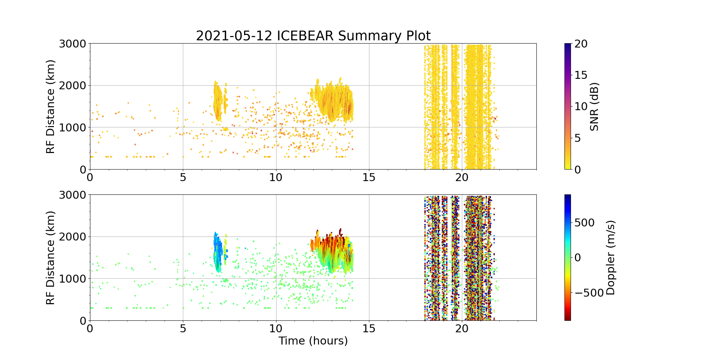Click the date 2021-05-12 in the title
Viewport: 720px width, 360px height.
click(x=234, y=36)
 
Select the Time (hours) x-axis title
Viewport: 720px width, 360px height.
click(x=313, y=341)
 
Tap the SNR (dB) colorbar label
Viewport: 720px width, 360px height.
click(x=594, y=107)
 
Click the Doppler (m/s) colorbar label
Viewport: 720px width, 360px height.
click(x=611, y=258)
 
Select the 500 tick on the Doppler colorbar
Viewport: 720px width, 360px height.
click(x=584, y=223)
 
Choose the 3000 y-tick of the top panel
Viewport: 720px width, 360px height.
click(x=72, y=44)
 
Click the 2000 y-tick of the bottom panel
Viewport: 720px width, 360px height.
click(x=72, y=237)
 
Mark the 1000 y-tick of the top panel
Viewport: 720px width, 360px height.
click(x=72, y=127)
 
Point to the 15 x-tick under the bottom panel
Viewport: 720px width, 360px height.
click(x=369, y=329)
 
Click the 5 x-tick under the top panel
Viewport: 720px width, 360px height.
click(x=183, y=177)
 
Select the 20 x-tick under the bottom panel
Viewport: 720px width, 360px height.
click(x=462, y=329)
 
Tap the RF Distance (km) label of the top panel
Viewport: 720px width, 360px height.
click(x=51, y=107)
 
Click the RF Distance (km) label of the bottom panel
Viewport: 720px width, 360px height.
click(x=51, y=258)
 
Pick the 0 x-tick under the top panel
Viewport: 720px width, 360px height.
click(x=90, y=177)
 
